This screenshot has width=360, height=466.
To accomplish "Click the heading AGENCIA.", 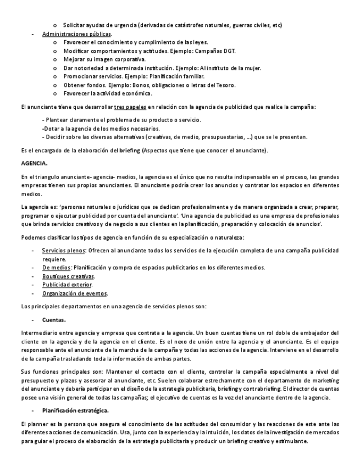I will click(x=34, y=164).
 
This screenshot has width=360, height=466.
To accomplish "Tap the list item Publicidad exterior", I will click(x=68, y=285).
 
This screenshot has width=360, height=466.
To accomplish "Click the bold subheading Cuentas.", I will click(x=54, y=319).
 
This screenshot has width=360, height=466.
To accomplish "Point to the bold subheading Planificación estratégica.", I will click(x=75, y=410).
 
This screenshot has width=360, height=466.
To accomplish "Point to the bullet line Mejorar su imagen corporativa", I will click(x=104, y=59).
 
